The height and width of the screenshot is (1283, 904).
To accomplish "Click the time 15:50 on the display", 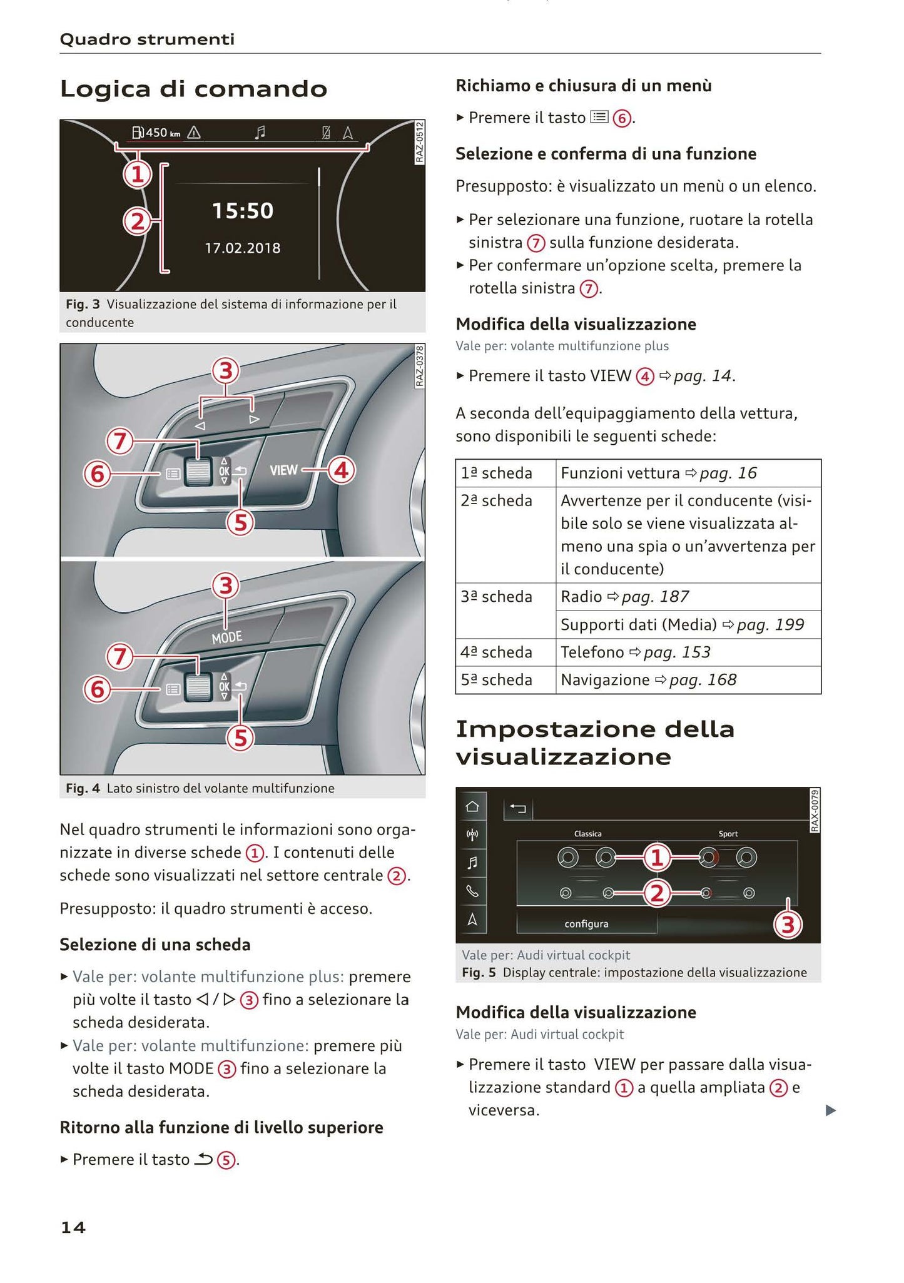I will tap(243, 211).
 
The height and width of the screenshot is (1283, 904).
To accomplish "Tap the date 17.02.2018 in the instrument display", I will tap(243, 248).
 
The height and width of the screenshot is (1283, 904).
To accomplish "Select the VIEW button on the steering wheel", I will tap(283, 470).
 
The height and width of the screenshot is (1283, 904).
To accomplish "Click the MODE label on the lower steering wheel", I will tap(226, 637).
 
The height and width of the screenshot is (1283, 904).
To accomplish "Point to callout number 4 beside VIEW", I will tap(341, 470).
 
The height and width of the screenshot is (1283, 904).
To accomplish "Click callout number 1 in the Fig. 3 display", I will tap(137, 175).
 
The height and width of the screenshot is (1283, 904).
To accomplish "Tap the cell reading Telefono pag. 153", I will tap(636, 652).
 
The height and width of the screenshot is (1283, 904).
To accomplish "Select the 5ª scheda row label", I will tap(497, 680).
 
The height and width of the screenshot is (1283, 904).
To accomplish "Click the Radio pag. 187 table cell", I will tap(624, 597).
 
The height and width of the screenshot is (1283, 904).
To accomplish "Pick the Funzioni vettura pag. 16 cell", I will tap(659, 473).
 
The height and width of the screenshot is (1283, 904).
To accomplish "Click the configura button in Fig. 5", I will tap(586, 924).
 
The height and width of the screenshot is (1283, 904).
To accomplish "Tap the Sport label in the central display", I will tap(728, 834).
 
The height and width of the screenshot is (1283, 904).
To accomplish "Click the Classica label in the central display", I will tap(587, 834).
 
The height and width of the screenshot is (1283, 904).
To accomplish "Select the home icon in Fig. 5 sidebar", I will tap(473, 806).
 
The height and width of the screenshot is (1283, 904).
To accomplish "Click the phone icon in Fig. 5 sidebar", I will tap(473, 891).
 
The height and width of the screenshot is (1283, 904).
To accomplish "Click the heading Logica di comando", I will tap(193, 89).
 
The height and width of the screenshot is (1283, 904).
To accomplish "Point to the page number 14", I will tap(73, 1227).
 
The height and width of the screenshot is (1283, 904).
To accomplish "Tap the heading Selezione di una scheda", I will tap(155, 945).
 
